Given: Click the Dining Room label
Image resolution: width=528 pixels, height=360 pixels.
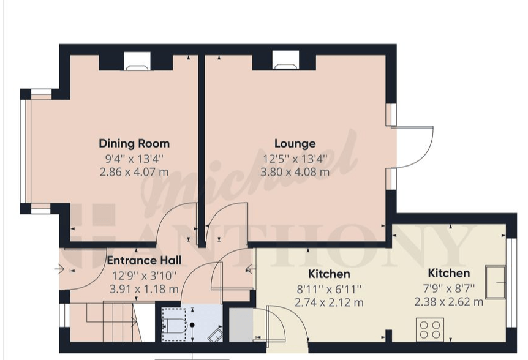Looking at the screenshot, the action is (x=134, y=144).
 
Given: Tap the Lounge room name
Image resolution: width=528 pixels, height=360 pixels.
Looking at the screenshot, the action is (x=295, y=144).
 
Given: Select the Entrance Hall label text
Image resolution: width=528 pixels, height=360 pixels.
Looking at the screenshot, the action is (x=144, y=260).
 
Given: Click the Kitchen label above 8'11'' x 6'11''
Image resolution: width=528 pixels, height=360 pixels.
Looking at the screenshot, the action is (x=329, y=274).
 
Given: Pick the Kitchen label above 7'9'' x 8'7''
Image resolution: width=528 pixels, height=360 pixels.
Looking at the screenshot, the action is (x=448, y=273).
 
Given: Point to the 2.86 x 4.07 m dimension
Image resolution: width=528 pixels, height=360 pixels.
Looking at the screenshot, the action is (x=134, y=172).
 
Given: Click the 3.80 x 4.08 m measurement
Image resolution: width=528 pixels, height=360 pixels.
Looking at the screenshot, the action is (x=295, y=172).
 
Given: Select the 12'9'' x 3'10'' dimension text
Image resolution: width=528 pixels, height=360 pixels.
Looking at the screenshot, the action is (x=144, y=276).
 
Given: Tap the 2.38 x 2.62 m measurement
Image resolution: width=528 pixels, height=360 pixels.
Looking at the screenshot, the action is (x=448, y=302).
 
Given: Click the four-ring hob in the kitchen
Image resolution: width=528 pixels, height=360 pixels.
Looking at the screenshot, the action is (x=430, y=329).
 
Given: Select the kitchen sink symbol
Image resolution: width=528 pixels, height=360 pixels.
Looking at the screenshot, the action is (x=496, y=282).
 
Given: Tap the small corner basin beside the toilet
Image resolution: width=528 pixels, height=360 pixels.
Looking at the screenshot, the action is (x=215, y=336).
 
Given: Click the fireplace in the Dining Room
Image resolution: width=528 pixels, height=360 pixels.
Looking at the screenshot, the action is (x=137, y=61).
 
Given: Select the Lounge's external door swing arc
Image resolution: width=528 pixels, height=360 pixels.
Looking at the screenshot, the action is (x=425, y=152).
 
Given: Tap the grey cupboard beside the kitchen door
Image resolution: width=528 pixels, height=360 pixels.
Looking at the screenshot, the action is (x=241, y=325).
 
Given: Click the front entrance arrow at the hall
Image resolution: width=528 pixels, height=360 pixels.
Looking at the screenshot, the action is (x=59, y=269).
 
